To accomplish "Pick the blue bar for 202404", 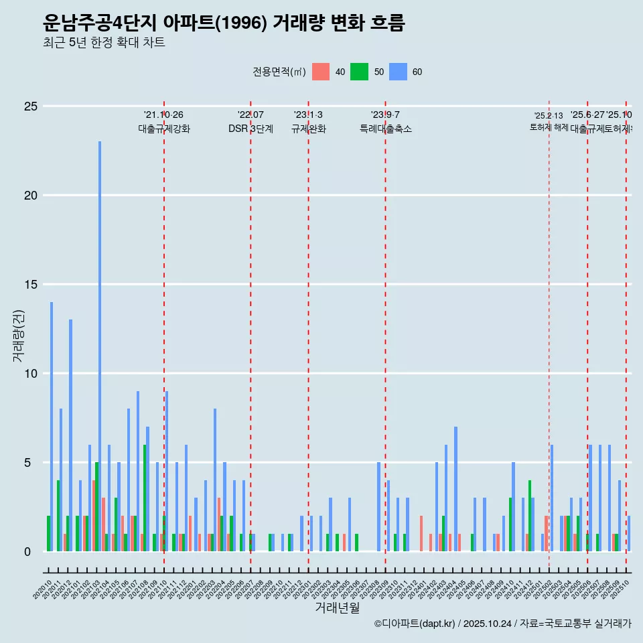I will coord(455,489).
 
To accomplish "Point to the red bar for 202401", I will coord(421,534).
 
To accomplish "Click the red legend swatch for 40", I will coord(321,72).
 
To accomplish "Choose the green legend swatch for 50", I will coord(360,72).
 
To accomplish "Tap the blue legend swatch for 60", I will coord(399,72).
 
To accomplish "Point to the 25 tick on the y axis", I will coord(31,106).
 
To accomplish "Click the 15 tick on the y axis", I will coord(31,285).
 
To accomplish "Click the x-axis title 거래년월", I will coord(337,608).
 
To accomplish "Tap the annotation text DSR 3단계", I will coord(251,129).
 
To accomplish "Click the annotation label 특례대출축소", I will coord(385,129).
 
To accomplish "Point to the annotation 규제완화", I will coord(308,129).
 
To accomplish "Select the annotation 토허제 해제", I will coord(549,127).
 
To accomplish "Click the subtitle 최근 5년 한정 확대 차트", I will coord(104,42).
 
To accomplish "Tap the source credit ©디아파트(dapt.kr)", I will coord(415,624).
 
